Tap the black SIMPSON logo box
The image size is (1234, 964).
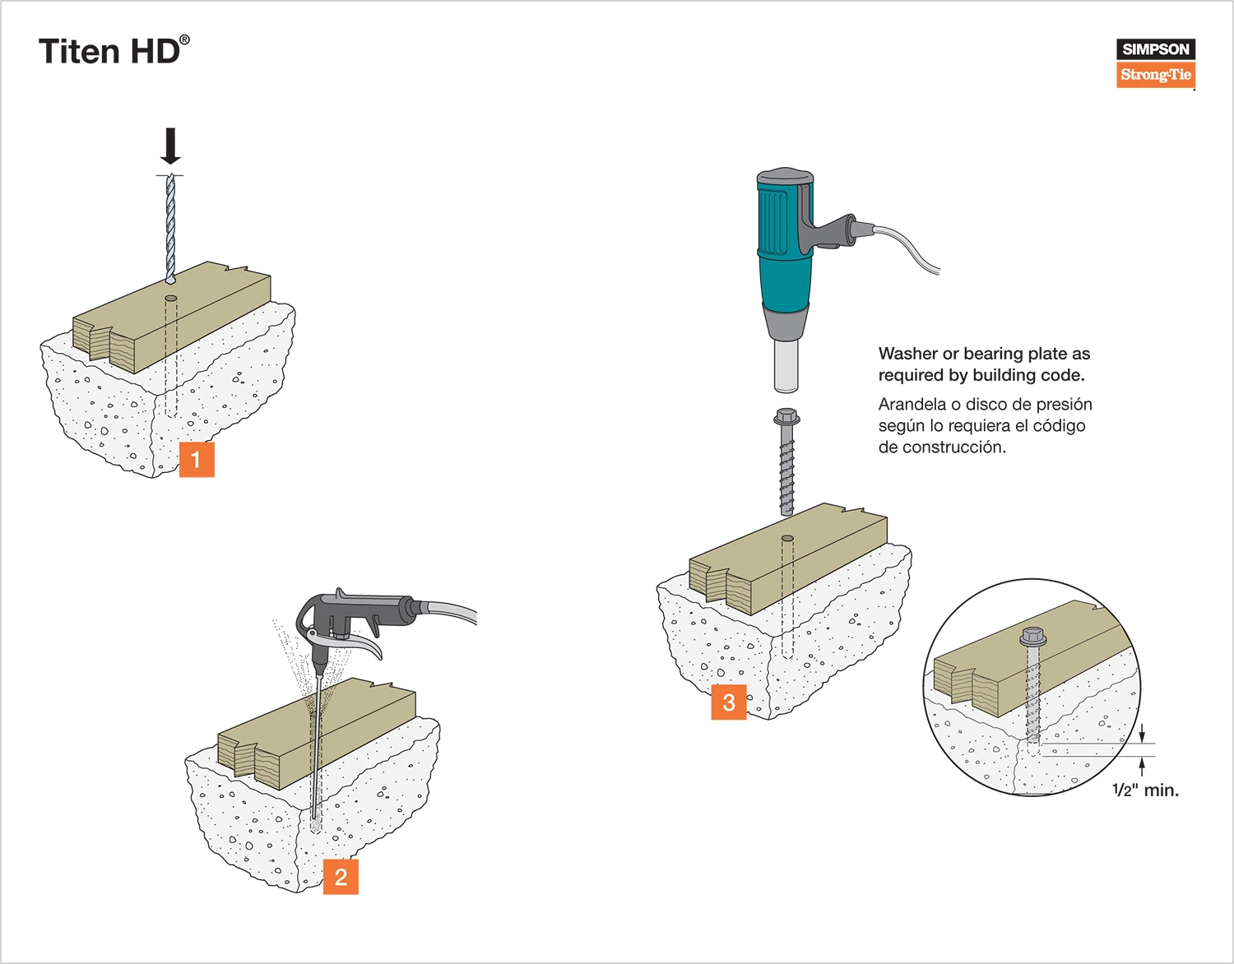pos(1155,49)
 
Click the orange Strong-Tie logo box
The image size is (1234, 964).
pos(1155,75)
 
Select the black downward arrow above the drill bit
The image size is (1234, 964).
pos(170,146)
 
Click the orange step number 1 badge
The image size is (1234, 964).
pos(197,459)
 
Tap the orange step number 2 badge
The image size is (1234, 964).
pos(341,877)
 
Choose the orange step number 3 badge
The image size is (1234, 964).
pos(729,702)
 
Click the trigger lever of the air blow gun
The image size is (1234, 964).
pos(362,645)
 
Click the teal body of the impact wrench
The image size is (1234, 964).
pos(784,247)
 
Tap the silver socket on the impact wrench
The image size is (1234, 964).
pos(786,366)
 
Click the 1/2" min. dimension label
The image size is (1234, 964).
pos(1145,790)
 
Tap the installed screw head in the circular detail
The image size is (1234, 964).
pos(1032,637)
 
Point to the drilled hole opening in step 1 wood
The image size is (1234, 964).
pos(171,298)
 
